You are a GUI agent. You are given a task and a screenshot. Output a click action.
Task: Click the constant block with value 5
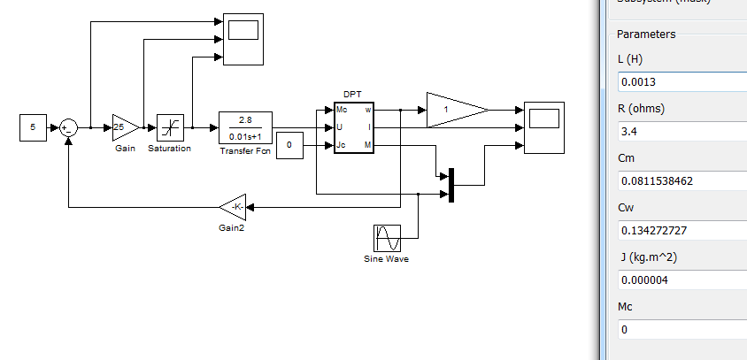coord(33,127)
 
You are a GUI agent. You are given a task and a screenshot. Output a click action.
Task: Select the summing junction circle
coord(68,127)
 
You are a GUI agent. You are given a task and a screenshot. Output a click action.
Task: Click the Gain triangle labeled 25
coord(124,127)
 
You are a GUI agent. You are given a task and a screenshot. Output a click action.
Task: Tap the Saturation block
coord(169,127)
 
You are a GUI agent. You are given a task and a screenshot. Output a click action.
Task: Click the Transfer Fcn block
coord(245,127)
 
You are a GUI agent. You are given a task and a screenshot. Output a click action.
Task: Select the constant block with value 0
coord(289,145)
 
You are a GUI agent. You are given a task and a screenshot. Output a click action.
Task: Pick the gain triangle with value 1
coord(453,110)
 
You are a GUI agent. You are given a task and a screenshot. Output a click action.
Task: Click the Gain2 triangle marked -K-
coord(234,207)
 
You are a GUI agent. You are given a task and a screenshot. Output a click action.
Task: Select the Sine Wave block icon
coord(388,238)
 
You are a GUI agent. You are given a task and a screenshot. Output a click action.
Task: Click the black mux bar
coord(451,185)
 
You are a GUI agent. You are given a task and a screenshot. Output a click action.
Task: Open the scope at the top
coord(243,39)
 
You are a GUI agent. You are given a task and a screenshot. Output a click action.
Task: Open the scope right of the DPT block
coord(543,127)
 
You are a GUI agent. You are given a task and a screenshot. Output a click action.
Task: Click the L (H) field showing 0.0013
coord(682,82)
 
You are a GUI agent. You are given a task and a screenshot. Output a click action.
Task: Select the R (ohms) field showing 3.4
coord(682,133)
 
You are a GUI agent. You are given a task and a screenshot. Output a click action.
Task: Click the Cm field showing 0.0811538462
coord(682,182)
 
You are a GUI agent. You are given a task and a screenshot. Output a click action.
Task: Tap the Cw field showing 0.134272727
coord(682,232)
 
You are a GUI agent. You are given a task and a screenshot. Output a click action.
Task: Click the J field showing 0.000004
coord(682,280)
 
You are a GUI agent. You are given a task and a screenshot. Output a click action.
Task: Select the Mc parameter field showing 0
coord(682,330)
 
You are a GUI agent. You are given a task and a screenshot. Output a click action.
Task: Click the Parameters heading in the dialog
coord(646,34)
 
